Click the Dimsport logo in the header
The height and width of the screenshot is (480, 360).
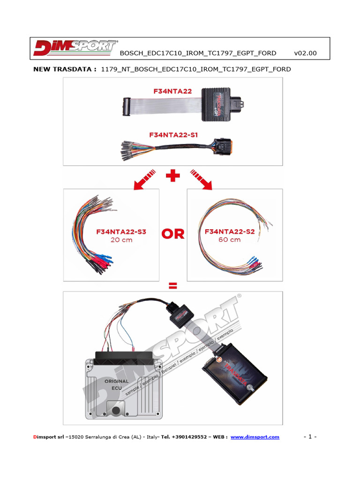(x=75, y=48)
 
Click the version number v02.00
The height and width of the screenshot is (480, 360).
(x=305, y=53)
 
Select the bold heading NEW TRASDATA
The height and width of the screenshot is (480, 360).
(x=65, y=69)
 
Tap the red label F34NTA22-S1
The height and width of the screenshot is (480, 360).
(x=173, y=135)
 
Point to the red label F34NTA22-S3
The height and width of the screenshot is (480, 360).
(x=121, y=232)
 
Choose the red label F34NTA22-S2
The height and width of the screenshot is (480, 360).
(x=230, y=232)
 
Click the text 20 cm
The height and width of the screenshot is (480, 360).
(x=121, y=240)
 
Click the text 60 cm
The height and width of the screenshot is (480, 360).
(x=229, y=240)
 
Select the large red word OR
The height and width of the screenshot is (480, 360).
(x=173, y=234)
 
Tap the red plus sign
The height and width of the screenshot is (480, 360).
(x=173, y=177)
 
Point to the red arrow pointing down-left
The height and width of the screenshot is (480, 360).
(x=145, y=179)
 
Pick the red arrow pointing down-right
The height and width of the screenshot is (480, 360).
(x=201, y=179)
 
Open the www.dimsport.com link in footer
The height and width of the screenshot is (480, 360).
(x=255, y=437)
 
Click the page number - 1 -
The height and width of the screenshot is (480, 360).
(x=310, y=437)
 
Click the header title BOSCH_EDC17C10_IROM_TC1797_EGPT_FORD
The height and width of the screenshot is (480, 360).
(x=198, y=53)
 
